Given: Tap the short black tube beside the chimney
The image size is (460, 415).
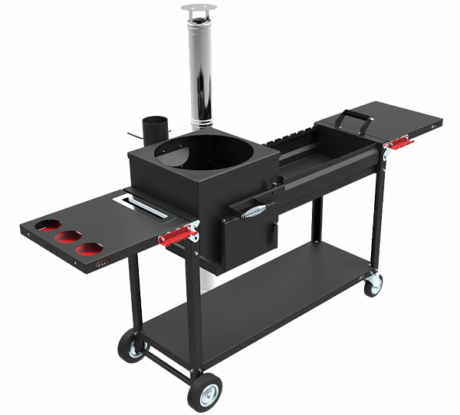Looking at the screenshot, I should click(x=153, y=128).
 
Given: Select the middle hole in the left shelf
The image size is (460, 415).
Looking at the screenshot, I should click(x=69, y=237).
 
